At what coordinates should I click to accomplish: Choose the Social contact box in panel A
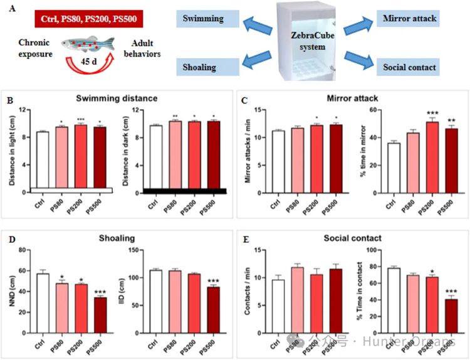tap(409, 65)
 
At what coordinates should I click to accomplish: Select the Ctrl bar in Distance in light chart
tap(42, 159)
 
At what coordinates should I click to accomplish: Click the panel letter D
tap(9, 238)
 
